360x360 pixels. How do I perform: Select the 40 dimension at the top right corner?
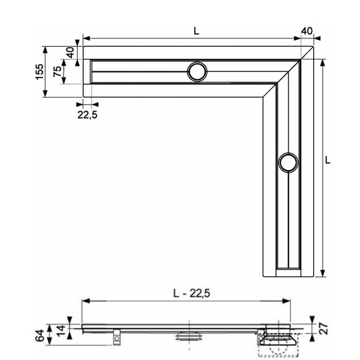(307, 31)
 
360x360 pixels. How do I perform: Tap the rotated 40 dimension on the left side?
(70, 51)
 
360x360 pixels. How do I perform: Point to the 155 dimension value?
(39, 73)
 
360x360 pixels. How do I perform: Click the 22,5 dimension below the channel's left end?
(87, 115)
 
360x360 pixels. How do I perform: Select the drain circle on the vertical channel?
(288, 162)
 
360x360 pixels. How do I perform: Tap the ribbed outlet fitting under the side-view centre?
(189, 336)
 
